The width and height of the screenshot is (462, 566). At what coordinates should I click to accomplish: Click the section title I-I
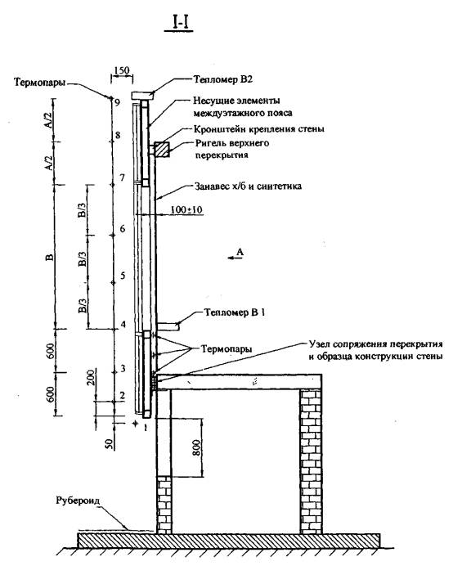click(x=178, y=22)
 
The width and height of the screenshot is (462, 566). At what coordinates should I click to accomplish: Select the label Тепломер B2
click(x=222, y=79)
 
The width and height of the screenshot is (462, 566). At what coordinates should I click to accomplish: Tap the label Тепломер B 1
click(x=235, y=312)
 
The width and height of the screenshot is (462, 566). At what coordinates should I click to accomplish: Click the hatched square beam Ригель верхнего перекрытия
click(x=162, y=150)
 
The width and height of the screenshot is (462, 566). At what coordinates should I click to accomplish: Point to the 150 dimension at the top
click(x=121, y=70)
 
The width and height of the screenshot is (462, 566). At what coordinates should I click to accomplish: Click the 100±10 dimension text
click(x=186, y=209)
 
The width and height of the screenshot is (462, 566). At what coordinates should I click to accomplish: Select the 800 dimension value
click(x=196, y=448)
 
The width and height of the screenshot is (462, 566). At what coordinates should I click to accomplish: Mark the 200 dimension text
click(x=91, y=378)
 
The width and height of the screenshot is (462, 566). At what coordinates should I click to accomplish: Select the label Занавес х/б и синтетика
click(x=248, y=186)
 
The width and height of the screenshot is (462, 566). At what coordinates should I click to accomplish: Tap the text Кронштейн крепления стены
click(x=258, y=129)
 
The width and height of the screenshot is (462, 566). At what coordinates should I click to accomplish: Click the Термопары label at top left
click(x=40, y=83)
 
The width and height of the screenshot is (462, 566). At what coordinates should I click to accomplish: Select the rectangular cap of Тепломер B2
click(x=142, y=96)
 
